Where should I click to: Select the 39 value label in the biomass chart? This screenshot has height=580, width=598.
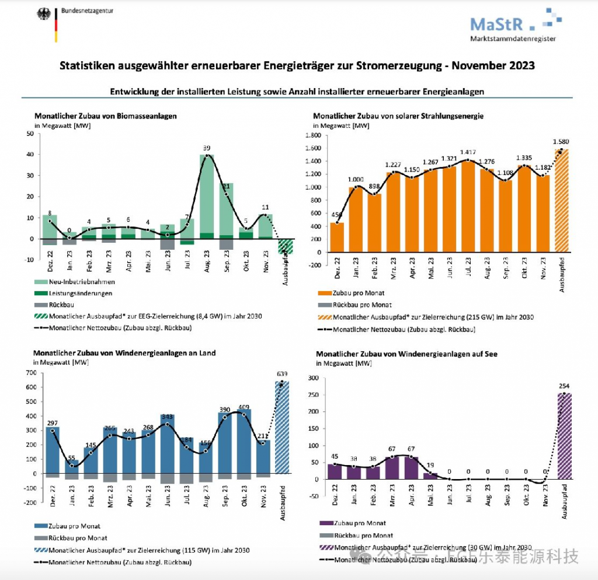pyautogui.click(x=205, y=148)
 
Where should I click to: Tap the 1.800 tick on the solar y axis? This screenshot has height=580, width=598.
pyautogui.click(x=313, y=135)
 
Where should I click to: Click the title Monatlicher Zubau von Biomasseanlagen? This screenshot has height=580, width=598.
pyautogui.click(x=105, y=116)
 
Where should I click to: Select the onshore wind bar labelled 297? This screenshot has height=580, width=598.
pyautogui.click(x=53, y=450)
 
